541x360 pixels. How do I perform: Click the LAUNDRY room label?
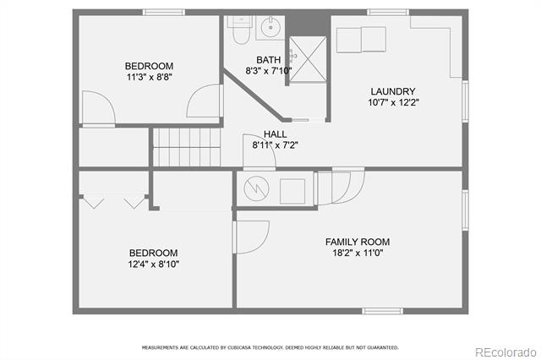click(x=392, y=91)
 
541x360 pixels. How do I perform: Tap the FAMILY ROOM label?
click(x=358, y=242)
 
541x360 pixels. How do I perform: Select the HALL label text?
click(x=275, y=134)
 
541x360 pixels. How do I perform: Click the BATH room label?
click(x=269, y=60)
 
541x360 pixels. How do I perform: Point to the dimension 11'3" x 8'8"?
click(x=150, y=77)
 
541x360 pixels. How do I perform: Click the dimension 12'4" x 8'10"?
click(x=154, y=265)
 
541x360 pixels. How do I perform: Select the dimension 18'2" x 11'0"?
click(x=358, y=253)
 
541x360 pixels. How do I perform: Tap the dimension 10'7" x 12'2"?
click(x=393, y=102)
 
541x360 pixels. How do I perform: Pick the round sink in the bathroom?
click(x=270, y=27)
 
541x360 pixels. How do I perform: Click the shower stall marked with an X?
click(x=308, y=59)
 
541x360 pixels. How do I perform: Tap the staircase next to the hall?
click(x=187, y=147)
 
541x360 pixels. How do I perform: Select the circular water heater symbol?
click(x=256, y=188)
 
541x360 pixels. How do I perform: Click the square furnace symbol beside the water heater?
click(x=292, y=191)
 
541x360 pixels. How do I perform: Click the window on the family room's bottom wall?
click(x=382, y=311)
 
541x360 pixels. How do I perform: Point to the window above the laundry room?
click(x=388, y=13)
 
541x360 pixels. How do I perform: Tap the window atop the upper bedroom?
click(x=164, y=13)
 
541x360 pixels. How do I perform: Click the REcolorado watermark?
click(x=505, y=352)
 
